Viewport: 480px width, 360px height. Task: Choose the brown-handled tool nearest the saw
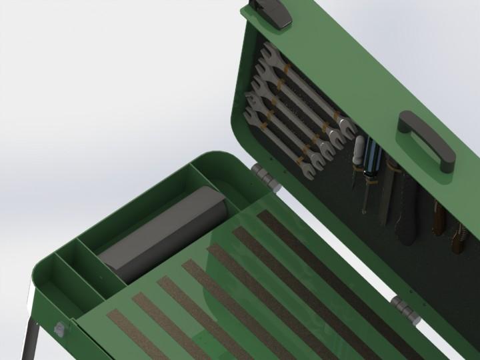pyautogui.click(x=439, y=217)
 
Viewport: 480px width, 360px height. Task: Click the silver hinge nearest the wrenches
pyautogui.click(x=264, y=177)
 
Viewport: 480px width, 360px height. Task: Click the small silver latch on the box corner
pyautogui.click(x=59, y=328)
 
